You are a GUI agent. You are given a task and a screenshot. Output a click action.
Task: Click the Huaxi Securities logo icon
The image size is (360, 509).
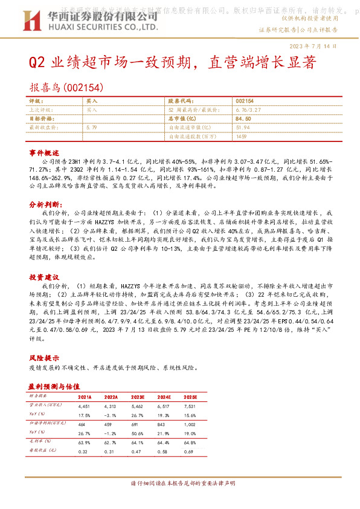coord(38,22)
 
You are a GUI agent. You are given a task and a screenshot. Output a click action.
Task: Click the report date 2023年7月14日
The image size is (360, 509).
coord(315,46)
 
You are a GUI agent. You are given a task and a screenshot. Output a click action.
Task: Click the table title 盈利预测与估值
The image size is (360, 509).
coord(58,384)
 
